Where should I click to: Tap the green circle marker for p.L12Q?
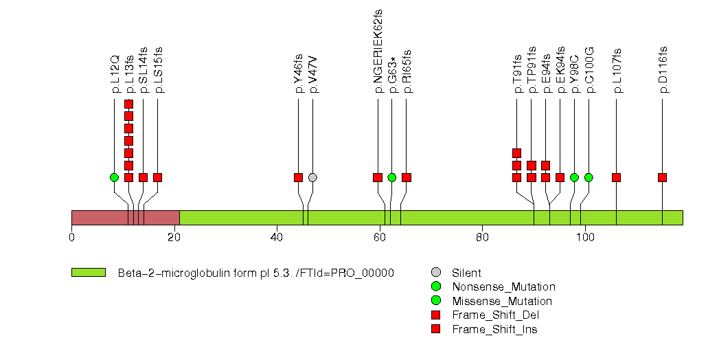tap(114, 177)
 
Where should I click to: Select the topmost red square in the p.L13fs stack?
tap(128, 104)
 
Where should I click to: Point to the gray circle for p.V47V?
tap(312, 177)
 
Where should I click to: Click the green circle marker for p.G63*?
tap(391, 177)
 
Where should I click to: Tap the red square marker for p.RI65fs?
tap(406, 177)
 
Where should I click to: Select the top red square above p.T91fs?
tap(516, 153)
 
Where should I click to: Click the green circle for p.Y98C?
tap(574, 177)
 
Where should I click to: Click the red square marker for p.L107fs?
tap(616, 177)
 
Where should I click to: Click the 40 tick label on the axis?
tap(277, 238)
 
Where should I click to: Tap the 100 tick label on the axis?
tap(585, 238)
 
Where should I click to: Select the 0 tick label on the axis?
tap(71, 238)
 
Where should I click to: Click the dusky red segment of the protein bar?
tap(125, 217)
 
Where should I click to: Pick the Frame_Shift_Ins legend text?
tap(494, 330)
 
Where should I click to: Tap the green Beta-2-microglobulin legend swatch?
tap(88, 273)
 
